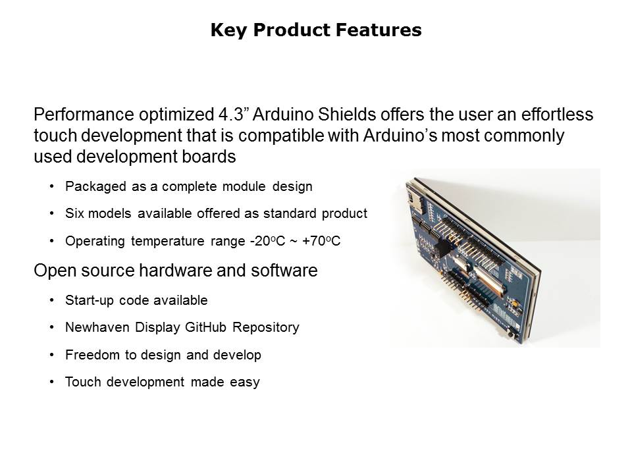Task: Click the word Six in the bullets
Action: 74,213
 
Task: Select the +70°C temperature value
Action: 321,241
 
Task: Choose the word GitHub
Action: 205,327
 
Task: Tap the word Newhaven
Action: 97,327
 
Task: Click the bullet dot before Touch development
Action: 51,382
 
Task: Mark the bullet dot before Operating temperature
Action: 51,241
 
